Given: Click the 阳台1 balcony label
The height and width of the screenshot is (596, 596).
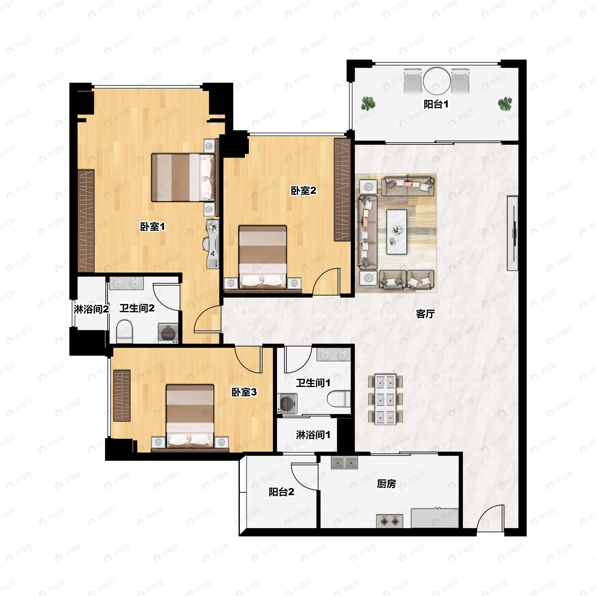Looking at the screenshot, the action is pyautogui.click(x=436, y=105).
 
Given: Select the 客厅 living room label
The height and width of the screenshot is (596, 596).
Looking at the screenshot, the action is pyautogui.click(x=425, y=314).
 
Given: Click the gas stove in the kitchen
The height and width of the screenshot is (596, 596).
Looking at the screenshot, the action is pyautogui.click(x=390, y=521).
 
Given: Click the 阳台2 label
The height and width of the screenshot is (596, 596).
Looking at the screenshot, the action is pyautogui.click(x=281, y=492).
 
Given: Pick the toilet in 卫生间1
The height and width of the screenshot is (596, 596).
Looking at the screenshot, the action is pyautogui.click(x=339, y=399).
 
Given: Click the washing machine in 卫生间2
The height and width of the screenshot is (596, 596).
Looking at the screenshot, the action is pyautogui.click(x=168, y=333).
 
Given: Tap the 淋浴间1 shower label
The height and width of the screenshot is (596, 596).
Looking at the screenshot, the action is pyautogui.click(x=313, y=435).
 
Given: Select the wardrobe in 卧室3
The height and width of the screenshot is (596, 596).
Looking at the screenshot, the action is pyautogui.click(x=122, y=396).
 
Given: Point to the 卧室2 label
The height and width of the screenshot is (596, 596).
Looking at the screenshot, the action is pyautogui.click(x=303, y=191).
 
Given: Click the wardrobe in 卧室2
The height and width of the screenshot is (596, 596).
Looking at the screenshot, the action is pyautogui.click(x=342, y=190).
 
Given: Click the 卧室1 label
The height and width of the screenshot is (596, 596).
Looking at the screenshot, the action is pyautogui.click(x=152, y=227).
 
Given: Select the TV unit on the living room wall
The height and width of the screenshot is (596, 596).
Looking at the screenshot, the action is pyautogui.click(x=512, y=233).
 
